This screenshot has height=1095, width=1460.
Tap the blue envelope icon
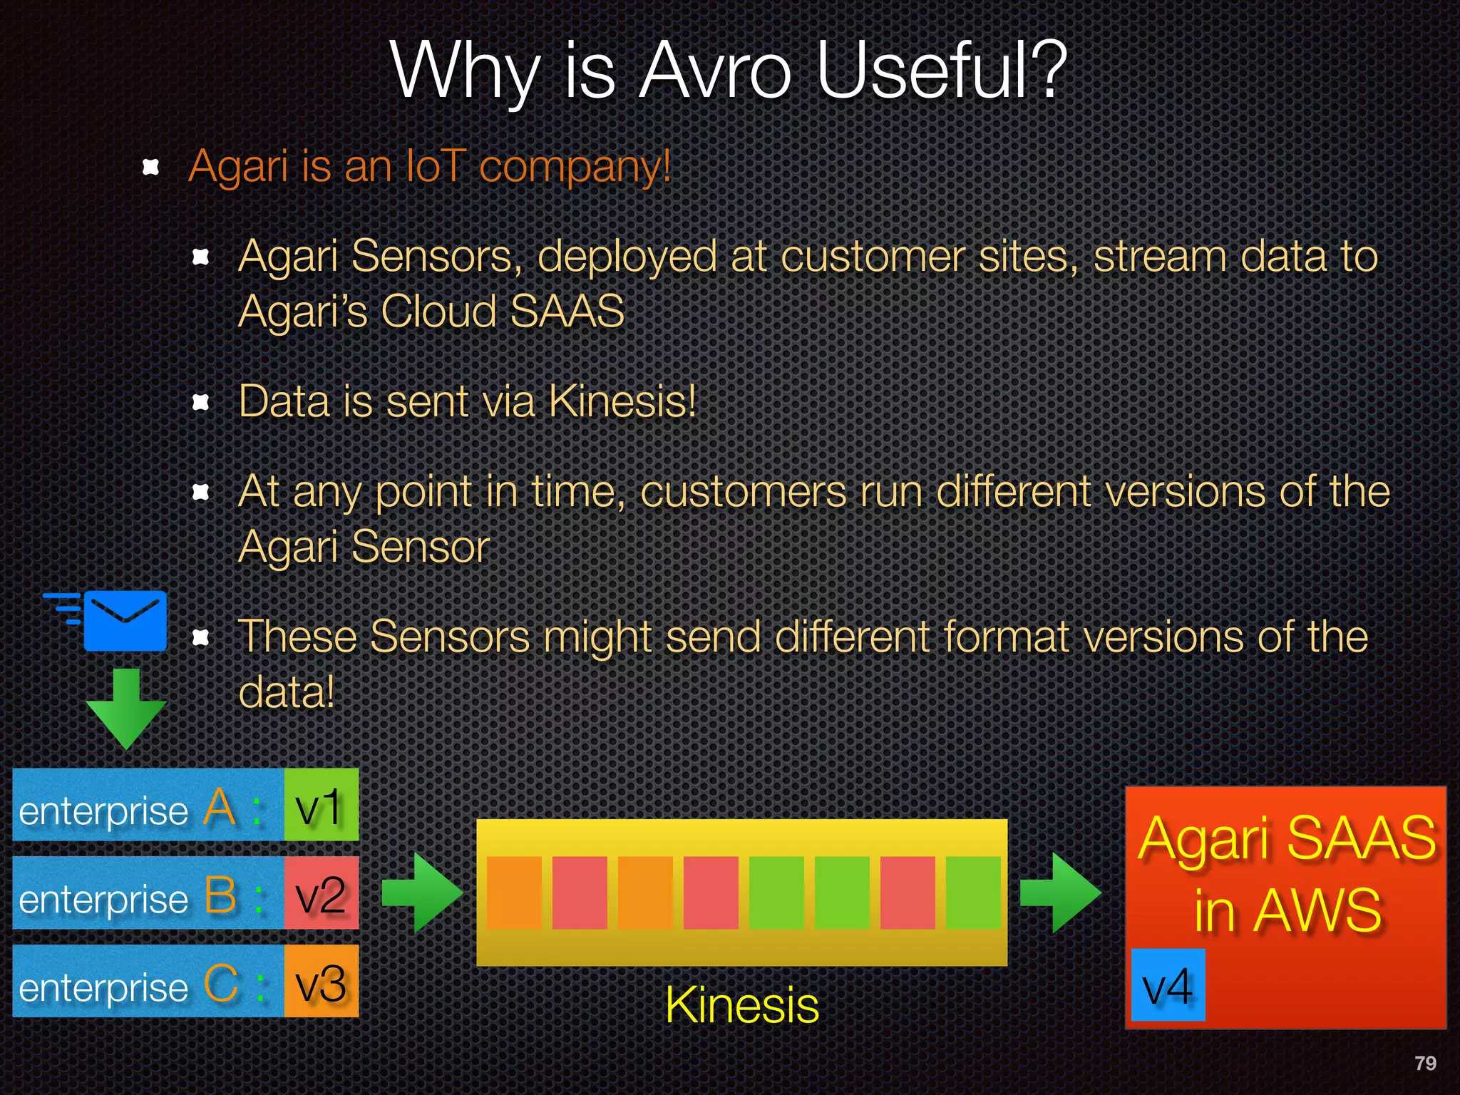(125, 620)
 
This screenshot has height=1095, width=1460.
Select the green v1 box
(321, 805)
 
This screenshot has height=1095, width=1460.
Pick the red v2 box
(321, 893)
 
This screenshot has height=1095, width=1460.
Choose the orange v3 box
(321, 982)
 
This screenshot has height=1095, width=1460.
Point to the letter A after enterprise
(220, 808)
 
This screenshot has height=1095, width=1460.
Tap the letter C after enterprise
(221, 984)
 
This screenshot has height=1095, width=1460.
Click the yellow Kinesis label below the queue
(741, 1005)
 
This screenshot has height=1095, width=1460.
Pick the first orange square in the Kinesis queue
(514, 893)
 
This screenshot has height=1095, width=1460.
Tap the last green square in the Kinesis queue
(973, 893)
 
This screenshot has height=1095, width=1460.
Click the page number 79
(1425, 1063)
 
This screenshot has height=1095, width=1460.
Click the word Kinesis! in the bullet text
(622, 401)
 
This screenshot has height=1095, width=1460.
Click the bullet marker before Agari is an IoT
(150, 167)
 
